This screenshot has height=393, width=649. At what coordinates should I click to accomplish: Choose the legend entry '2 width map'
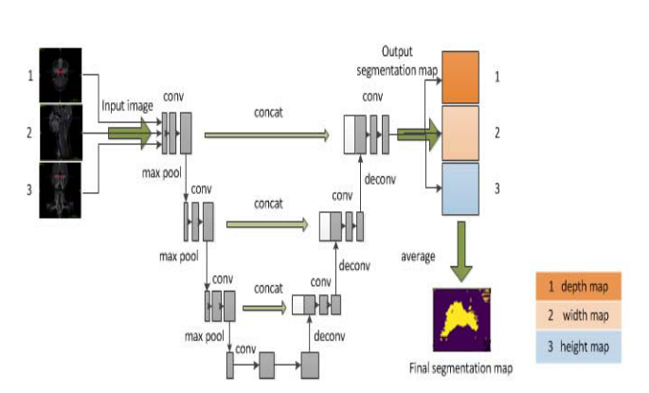pyautogui.click(x=577, y=317)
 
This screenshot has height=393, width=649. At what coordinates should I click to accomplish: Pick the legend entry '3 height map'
pyautogui.click(x=577, y=348)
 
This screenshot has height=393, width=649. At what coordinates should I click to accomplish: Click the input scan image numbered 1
pyautogui.click(x=61, y=73)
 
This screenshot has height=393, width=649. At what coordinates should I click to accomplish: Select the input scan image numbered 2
pyautogui.click(x=61, y=134)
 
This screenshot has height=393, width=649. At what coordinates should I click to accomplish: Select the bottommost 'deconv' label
pyautogui.click(x=329, y=334)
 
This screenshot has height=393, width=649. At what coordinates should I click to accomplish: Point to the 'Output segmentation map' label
pyautogui.click(x=397, y=61)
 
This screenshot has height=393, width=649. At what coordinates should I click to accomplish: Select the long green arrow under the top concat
pyautogui.click(x=264, y=134)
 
